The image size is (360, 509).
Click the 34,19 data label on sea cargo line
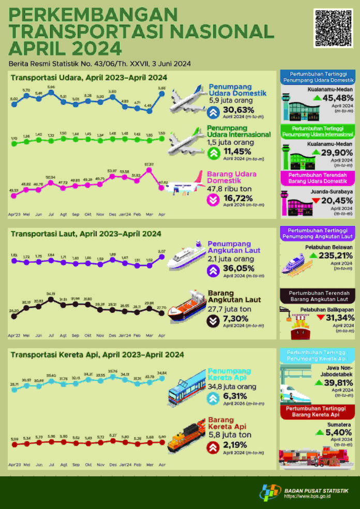(50, 293)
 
